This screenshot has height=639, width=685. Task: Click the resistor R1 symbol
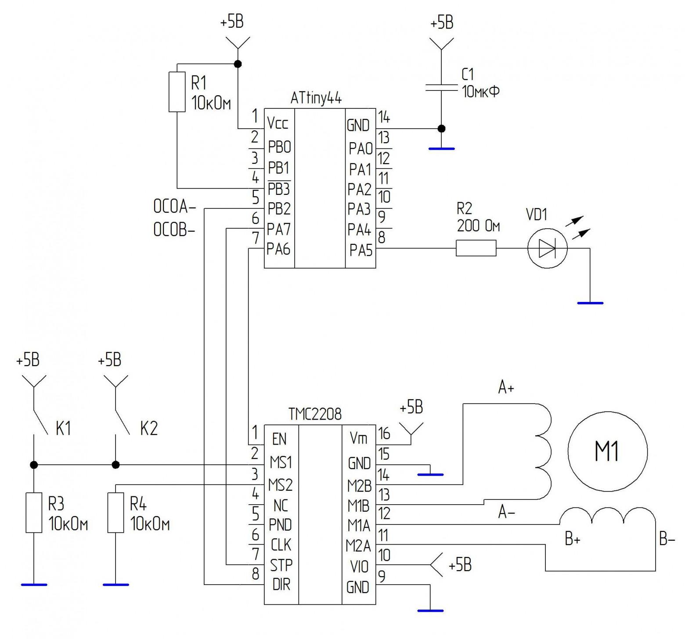click(x=177, y=92)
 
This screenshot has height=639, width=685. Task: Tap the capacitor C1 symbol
click(x=442, y=88)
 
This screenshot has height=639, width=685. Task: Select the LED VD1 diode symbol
click(x=547, y=248)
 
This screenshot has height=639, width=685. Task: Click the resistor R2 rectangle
click(x=476, y=248)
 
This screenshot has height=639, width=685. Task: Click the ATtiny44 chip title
click(x=316, y=99)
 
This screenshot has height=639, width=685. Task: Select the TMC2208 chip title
click(x=315, y=414)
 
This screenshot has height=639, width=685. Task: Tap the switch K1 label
click(x=63, y=428)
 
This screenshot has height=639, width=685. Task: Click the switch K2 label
click(x=149, y=428)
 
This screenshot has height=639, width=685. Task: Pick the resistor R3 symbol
click(x=34, y=513)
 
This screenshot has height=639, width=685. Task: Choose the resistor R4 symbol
click(x=115, y=513)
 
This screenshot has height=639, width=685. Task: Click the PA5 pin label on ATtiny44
click(x=361, y=251)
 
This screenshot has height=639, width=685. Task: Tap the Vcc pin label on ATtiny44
click(x=278, y=124)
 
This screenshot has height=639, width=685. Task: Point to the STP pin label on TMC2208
click(x=281, y=565)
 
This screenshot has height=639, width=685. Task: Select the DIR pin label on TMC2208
click(x=281, y=585)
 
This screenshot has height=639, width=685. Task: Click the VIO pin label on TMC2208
click(x=359, y=567)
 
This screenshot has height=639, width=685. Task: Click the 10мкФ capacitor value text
click(x=480, y=92)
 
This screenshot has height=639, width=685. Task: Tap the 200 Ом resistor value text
click(x=478, y=226)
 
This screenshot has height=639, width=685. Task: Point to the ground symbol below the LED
click(x=590, y=303)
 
